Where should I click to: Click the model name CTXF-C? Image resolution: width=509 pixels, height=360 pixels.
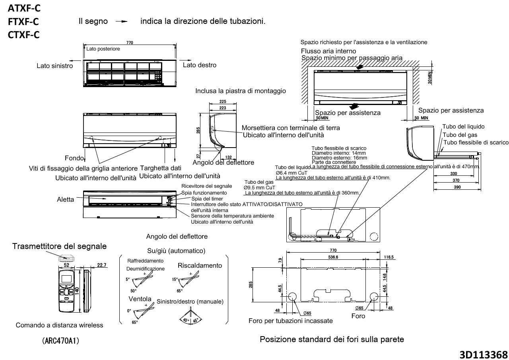pyautogui.click(x=23, y=35)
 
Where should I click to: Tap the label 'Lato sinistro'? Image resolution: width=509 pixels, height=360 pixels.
pyautogui.click(x=55, y=66)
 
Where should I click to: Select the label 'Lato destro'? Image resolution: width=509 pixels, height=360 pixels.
pyautogui.click(x=200, y=65)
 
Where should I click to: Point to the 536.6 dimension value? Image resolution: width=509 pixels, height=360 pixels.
pyautogui.click(x=333, y=257)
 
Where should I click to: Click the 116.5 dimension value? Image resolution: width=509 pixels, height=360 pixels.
pyautogui.click(x=389, y=257)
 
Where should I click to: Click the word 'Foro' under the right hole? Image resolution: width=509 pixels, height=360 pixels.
pyautogui.click(x=358, y=316)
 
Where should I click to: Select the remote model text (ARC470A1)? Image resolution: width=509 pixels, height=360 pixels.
pyautogui.click(x=60, y=342)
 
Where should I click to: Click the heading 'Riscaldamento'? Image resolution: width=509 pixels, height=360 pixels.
pyautogui.click(x=200, y=265)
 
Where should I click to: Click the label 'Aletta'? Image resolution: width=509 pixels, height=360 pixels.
pyautogui.click(x=65, y=199)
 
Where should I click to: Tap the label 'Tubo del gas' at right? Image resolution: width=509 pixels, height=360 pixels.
pyautogui.click(x=460, y=134)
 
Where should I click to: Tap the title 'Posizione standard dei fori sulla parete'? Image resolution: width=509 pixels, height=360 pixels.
pyautogui.click(x=332, y=339)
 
